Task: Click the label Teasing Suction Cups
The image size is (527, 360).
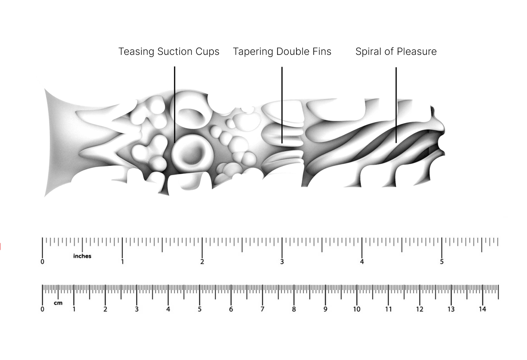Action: (169, 51)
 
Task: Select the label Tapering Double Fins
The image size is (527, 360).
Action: (282, 51)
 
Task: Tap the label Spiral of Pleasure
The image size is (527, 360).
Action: (396, 51)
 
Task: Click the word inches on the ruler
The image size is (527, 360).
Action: (82, 256)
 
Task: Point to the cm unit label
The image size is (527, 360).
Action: (58, 303)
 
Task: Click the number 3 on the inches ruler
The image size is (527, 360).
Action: (282, 262)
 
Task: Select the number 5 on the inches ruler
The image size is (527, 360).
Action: (442, 262)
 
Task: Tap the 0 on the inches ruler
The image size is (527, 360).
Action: (42, 262)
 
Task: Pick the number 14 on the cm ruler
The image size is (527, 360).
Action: (482, 309)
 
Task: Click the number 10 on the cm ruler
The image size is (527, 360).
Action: (357, 309)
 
